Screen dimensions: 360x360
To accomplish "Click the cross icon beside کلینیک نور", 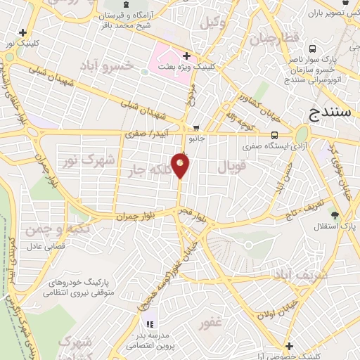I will (x=24, y=32).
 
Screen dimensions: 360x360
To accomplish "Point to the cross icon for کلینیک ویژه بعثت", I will (x=186, y=56).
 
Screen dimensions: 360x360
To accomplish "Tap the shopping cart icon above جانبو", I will (x=195, y=128).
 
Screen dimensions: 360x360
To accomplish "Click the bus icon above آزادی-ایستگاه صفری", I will (x=274, y=136).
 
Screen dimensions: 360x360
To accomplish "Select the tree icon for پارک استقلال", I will (x=335, y=215).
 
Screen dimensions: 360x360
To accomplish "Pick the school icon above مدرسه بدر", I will (x=149, y=324).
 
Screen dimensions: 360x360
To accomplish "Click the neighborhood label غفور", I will (x=210, y=323).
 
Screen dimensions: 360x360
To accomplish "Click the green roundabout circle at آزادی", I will (x=302, y=134).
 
